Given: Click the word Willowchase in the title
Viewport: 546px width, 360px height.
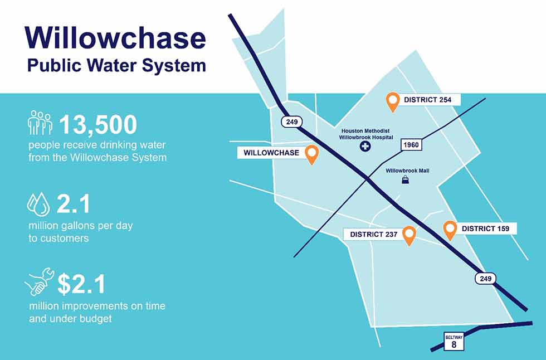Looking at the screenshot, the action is pyautogui.click(x=115, y=37).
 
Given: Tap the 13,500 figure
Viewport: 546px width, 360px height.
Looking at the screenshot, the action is pyautogui.click(x=98, y=124).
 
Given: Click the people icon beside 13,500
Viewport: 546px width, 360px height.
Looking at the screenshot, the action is pyautogui.click(x=40, y=123).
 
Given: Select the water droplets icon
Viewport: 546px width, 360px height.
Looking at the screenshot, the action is pyautogui.click(x=38, y=204).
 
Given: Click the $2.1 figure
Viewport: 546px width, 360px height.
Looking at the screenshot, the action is pyautogui.click(x=81, y=284).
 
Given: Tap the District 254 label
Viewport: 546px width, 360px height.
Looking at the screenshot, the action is pyautogui.click(x=427, y=100).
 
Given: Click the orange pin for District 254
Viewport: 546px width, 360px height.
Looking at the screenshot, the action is pyautogui.click(x=393, y=102).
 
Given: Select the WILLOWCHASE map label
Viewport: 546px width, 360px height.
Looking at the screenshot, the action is pyautogui.click(x=271, y=153).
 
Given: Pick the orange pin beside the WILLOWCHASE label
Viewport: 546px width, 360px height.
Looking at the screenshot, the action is pyautogui.click(x=311, y=155).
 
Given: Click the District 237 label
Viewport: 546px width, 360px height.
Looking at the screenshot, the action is pyautogui.click(x=374, y=234).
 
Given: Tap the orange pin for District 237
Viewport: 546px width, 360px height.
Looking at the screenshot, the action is pyautogui.click(x=409, y=236).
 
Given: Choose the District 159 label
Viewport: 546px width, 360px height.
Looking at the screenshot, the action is pyautogui.click(x=485, y=228).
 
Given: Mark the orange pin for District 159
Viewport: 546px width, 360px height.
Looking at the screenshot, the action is pyautogui.click(x=450, y=231).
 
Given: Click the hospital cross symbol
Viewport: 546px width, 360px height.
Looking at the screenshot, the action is pyautogui.click(x=365, y=146).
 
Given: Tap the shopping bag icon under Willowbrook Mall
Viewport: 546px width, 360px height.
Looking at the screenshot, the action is pyautogui.click(x=406, y=179).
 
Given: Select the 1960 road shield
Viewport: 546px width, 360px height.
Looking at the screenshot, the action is pyautogui.click(x=411, y=145).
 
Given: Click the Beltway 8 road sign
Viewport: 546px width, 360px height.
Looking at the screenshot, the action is pyautogui.click(x=454, y=342).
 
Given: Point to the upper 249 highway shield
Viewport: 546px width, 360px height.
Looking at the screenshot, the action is pyautogui.click(x=292, y=122).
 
